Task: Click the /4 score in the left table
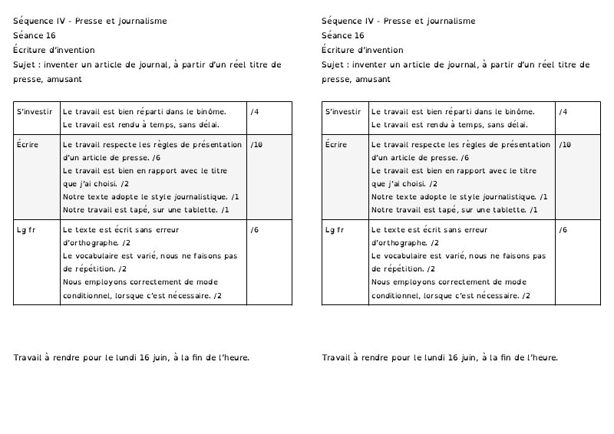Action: pos(255,112)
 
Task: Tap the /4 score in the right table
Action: pos(563,112)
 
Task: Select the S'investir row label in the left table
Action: pos(35,112)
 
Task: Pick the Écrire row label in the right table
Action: pos(336,144)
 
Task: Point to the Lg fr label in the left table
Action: pos(26,230)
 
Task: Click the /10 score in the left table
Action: pos(257,144)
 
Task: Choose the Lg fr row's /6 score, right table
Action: pos(563,230)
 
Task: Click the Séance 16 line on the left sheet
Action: pos(35,35)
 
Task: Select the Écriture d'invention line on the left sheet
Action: pos(54,50)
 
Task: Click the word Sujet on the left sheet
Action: pos(25,64)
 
